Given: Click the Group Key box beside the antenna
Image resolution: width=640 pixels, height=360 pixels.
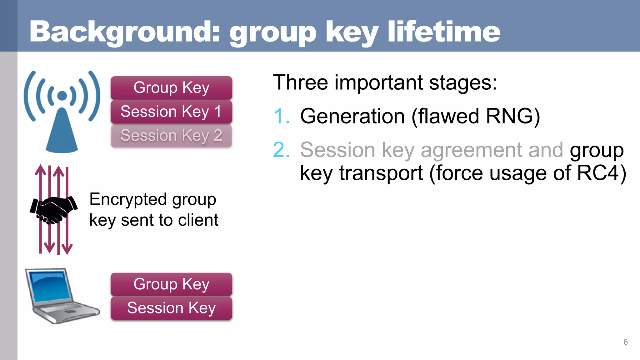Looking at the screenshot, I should (171, 88).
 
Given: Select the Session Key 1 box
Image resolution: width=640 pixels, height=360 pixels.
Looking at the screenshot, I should (171, 112).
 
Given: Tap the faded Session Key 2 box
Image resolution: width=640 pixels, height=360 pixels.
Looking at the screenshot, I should (171, 136).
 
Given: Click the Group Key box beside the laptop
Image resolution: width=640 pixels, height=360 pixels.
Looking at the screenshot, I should (171, 284).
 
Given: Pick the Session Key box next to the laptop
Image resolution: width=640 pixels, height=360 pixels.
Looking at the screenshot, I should (171, 308).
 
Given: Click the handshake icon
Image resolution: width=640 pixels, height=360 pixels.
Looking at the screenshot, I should (53, 209).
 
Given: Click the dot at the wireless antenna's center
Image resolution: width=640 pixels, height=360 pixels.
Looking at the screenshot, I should (62, 96).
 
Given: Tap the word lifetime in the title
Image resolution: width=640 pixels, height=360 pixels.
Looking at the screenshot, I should (444, 32).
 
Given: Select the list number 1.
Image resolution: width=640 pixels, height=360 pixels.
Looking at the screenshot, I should (281, 116).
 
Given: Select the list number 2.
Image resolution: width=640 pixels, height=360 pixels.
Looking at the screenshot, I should (281, 150).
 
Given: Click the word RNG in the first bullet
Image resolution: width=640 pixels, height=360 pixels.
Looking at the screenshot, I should (509, 116).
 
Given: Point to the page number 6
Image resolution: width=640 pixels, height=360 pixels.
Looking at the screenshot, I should (625, 342).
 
